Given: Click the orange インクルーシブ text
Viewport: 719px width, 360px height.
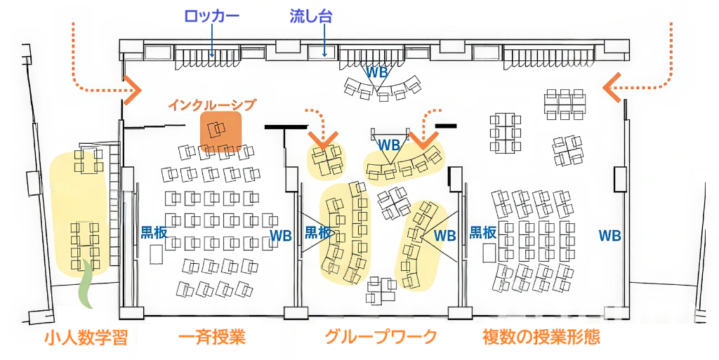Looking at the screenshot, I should (x=211, y=105).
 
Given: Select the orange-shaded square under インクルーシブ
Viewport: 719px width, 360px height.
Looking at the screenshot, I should (x=221, y=131).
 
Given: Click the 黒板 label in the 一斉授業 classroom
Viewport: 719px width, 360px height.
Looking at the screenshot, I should (x=154, y=233).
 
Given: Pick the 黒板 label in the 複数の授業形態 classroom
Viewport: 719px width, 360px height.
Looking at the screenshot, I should (x=483, y=233).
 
